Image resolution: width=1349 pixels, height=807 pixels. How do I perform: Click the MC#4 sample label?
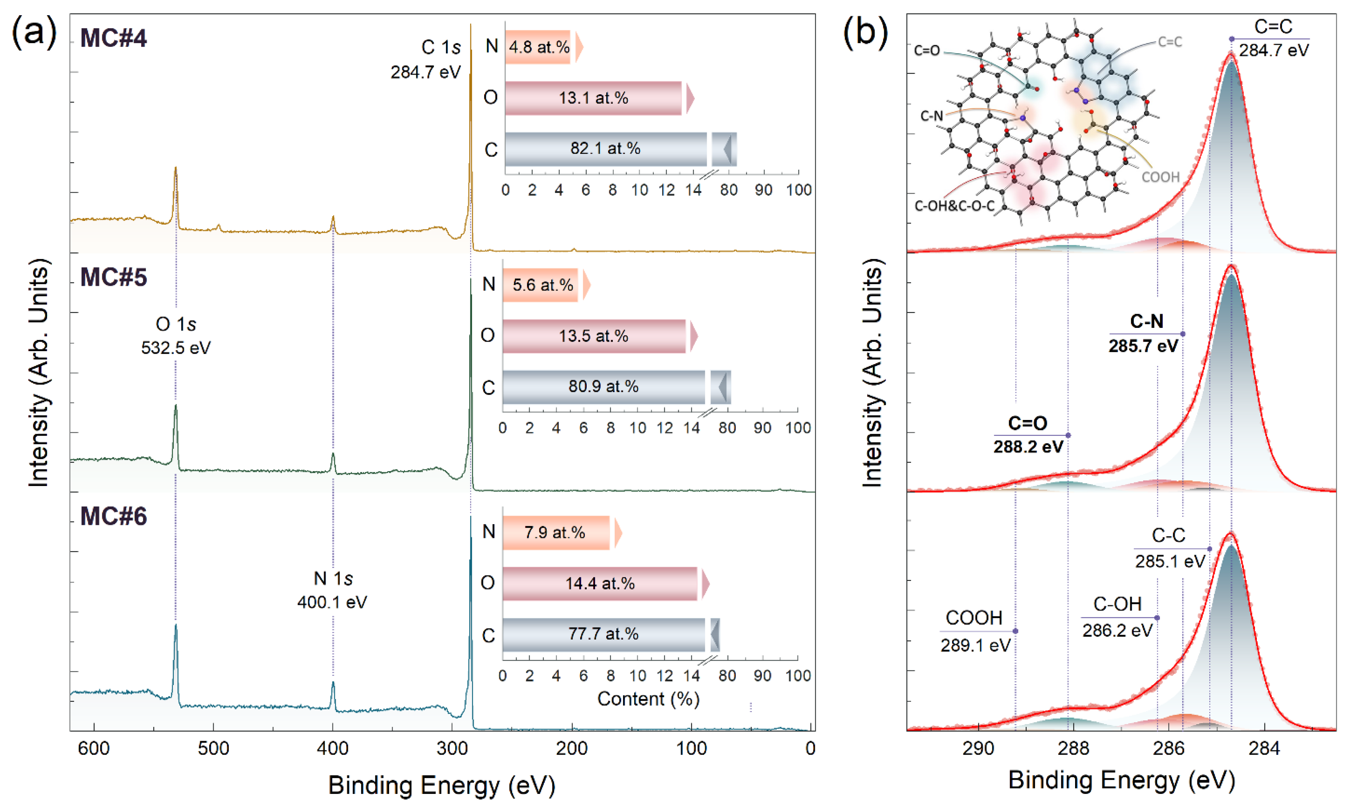coord(113,38)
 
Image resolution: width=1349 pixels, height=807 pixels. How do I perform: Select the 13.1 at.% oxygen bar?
coord(593,98)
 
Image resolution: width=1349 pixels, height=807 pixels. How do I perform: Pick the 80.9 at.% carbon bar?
coord(603,387)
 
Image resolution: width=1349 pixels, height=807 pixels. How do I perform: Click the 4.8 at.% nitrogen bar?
coord(538,47)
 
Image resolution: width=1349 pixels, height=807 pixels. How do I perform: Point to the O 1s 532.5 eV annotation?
coord(176,335)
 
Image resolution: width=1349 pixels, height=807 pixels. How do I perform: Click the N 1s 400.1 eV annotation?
coord(332,590)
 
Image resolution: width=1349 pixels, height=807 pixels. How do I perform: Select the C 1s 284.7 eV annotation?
coord(426,60)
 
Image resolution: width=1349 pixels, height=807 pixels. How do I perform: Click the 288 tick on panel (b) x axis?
coord(1073,748)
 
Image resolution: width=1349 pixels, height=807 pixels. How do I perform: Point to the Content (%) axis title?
coord(648,699)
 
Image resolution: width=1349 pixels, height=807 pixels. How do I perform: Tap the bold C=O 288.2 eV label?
coord(1028,435)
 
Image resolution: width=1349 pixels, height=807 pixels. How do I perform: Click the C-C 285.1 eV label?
coord(1169,548)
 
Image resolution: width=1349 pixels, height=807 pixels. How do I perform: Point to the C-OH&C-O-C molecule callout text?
coord(954,206)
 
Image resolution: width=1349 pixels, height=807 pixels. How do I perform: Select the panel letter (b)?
coord(865,32)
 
